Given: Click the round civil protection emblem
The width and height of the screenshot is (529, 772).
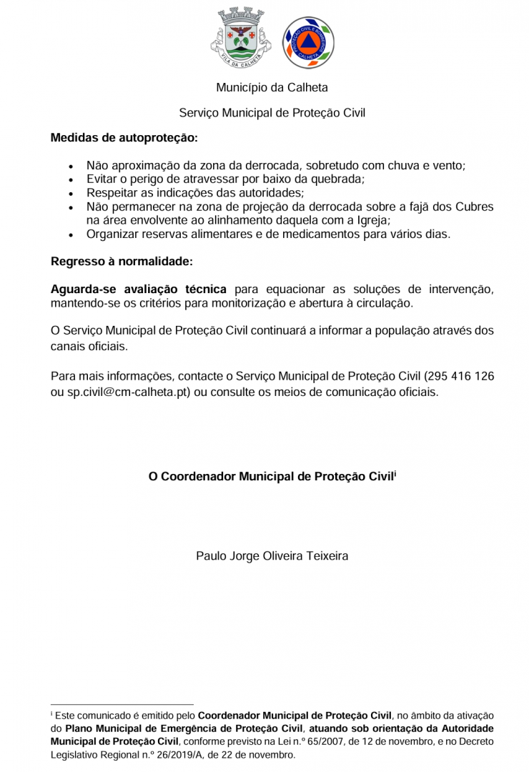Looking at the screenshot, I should click(x=308, y=43).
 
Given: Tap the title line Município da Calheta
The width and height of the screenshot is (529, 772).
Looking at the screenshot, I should click(x=272, y=88).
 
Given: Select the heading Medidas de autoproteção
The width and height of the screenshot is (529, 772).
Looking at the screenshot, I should click(x=124, y=137).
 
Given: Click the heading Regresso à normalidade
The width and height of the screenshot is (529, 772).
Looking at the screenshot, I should click(x=122, y=261).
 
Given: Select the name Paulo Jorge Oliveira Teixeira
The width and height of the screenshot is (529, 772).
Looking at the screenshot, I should click(x=272, y=555).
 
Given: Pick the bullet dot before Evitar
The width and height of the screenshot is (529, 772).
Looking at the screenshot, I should click(x=70, y=180).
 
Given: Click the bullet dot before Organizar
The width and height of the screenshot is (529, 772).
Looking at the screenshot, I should click(x=70, y=234).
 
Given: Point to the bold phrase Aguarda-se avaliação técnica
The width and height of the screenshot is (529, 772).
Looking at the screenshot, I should click(x=139, y=289).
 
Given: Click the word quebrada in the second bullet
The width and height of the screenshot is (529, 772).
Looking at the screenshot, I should click(x=335, y=179).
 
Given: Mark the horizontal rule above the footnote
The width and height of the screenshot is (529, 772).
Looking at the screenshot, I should click(x=122, y=704).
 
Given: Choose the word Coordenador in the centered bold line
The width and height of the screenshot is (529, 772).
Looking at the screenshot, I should click(x=196, y=476).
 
